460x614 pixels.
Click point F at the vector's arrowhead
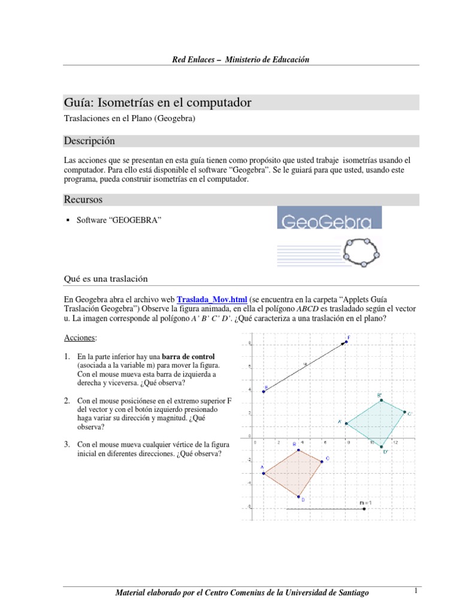click(346, 342)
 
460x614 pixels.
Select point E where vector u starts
click(264, 392)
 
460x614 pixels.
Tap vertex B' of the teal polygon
click(381, 400)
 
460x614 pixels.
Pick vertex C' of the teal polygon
click(404, 413)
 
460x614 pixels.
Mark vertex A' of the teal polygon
click(346, 423)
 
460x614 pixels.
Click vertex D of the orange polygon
click(299, 496)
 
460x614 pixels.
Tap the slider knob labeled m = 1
click(364, 508)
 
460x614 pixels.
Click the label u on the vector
click(304, 363)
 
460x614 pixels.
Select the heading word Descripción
click(89, 141)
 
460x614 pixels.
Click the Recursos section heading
click(83, 199)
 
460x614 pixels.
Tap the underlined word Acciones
click(80, 338)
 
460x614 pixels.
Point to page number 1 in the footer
click(414, 591)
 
